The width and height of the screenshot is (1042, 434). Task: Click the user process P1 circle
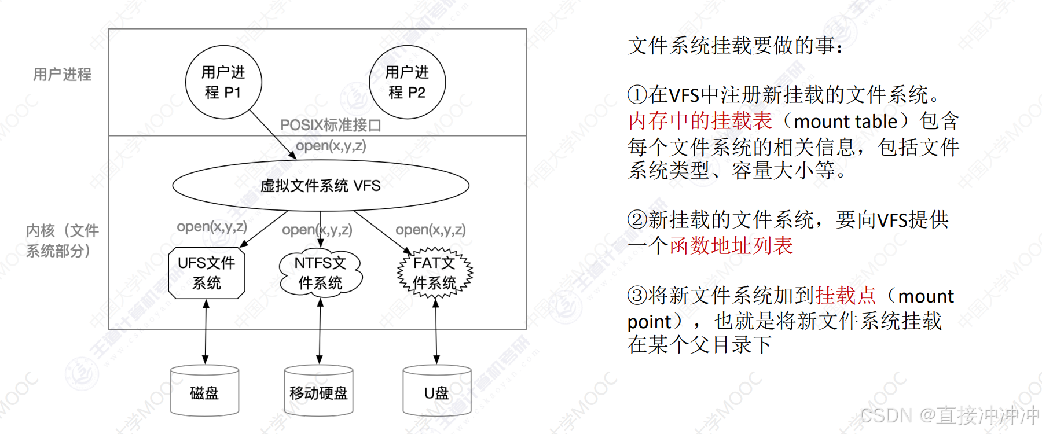pos(223,82)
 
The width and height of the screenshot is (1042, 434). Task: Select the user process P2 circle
pos(408,82)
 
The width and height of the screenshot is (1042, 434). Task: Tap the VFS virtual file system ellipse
pos(321,185)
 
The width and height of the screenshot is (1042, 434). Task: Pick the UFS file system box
pos(207,273)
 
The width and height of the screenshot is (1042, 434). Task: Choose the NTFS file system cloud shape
pos(321,273)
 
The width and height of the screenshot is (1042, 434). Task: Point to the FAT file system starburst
pos(435,273)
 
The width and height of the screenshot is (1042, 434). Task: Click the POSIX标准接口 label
pos(331,125)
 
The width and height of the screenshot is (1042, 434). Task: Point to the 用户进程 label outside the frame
pos(62,75)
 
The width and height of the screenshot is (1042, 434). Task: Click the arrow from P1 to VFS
pos(273,134)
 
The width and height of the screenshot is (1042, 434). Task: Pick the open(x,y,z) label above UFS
pos(212,226)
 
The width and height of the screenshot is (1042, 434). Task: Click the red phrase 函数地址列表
pos(731,246)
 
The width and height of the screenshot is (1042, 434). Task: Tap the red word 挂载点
pos(846,296)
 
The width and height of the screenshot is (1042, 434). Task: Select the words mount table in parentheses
pos(845,122)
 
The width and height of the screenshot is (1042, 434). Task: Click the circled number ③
pos(637,296)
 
